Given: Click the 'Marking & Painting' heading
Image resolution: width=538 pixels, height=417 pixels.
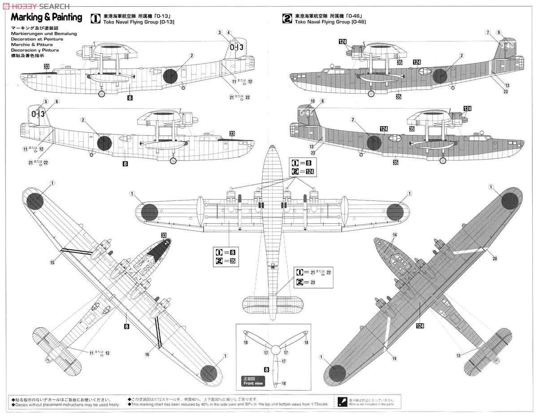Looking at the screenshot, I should [46, 17].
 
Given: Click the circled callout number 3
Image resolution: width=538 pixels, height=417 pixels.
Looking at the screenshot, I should [220, 32].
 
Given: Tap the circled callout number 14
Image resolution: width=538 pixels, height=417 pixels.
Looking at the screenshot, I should [395, 235].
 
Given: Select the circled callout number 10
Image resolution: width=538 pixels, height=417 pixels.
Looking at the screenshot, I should [313, 101].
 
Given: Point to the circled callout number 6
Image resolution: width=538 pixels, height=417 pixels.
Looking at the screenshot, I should [56, 101].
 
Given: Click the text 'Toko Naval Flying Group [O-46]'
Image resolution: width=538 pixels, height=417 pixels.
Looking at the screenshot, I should [329, 22].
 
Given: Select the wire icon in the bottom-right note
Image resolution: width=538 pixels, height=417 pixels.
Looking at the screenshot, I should [342, 401].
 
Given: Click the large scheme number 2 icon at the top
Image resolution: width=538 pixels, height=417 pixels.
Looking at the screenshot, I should [287, 18].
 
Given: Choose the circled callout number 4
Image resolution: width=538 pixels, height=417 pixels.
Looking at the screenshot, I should [229, 32].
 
